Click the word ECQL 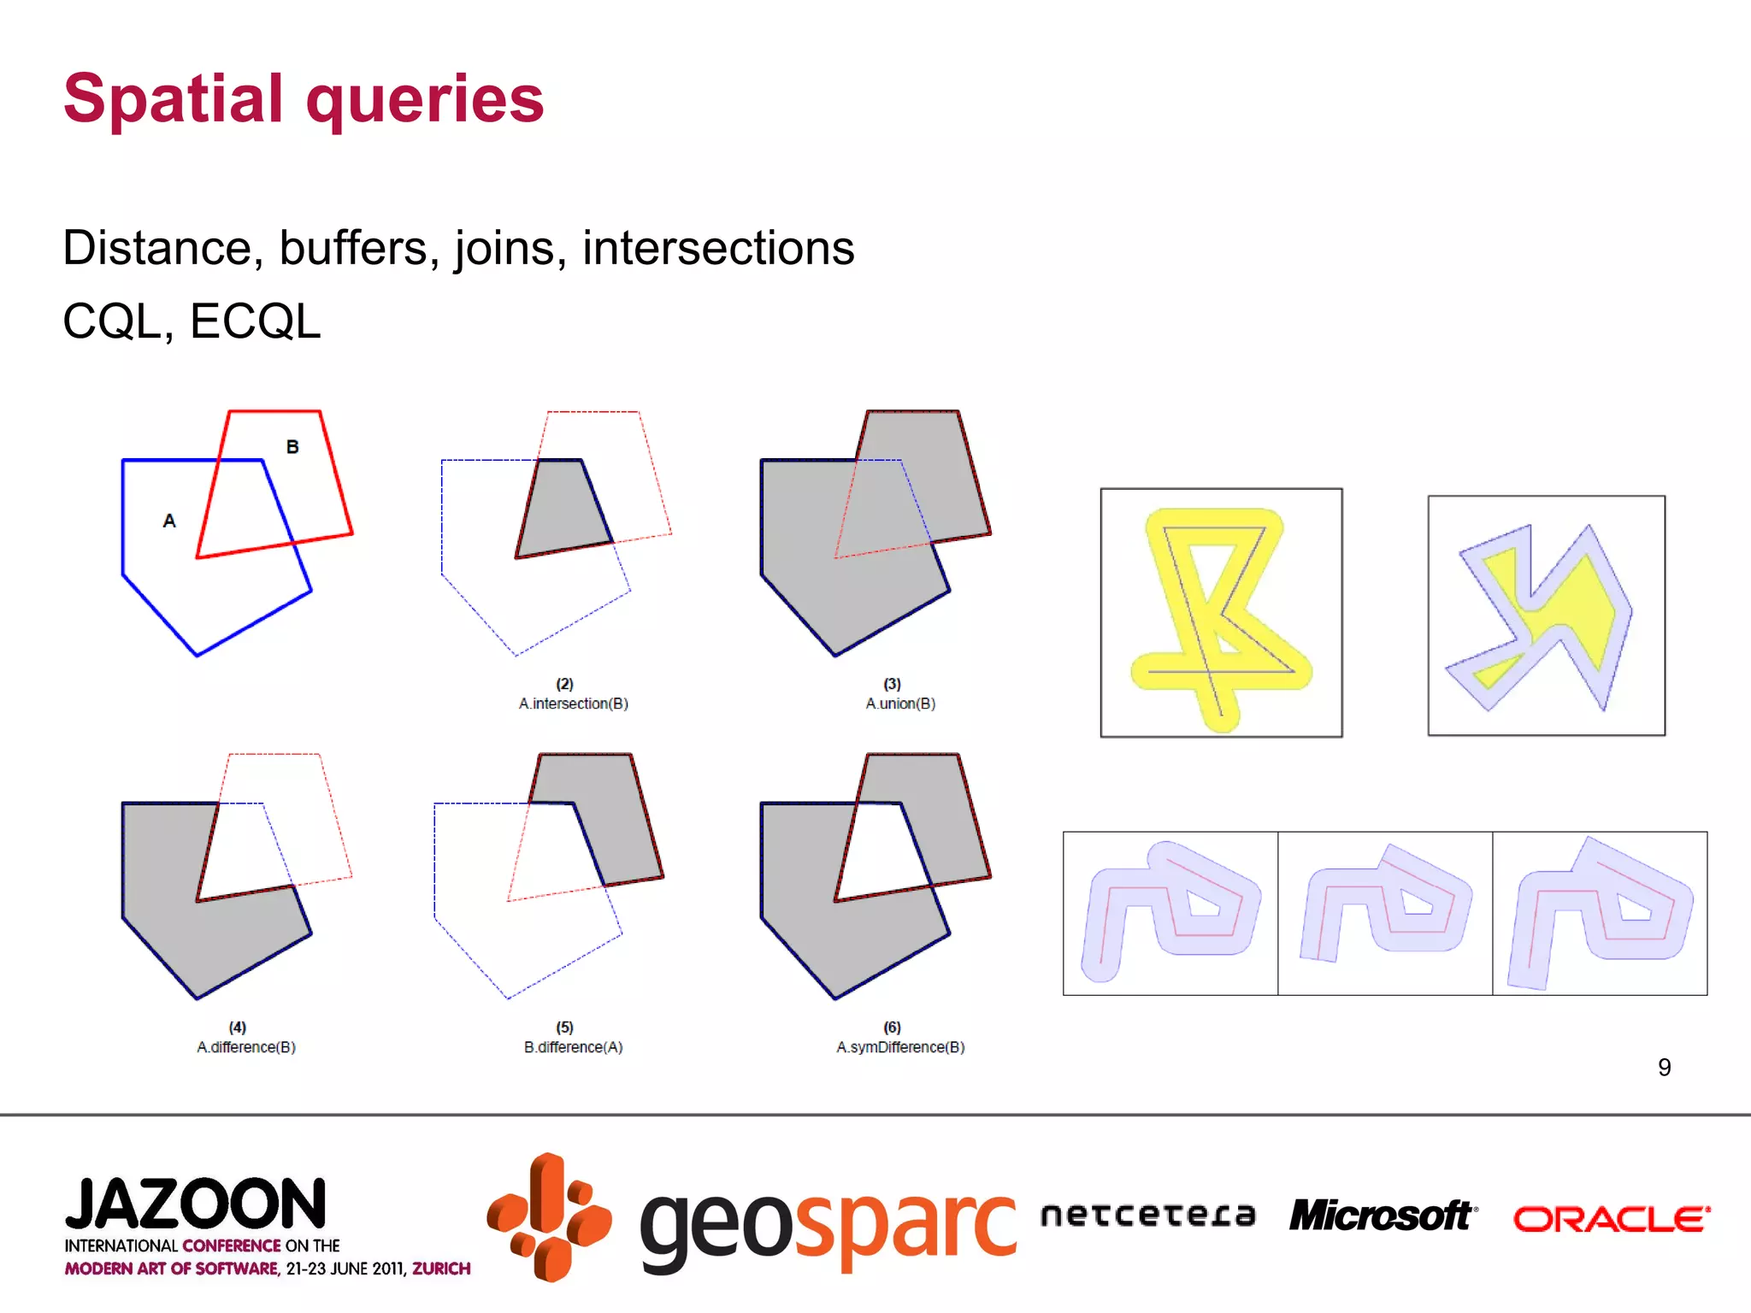255,322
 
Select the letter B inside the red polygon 292,446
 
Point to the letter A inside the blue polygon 169,521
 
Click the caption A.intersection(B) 573,704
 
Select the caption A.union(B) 900,704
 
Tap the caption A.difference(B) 246,1047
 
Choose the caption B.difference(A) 573,1047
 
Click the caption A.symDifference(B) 900,1047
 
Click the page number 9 1664,1067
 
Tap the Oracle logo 1612,1219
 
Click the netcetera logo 1148,1215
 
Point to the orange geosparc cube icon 550,1217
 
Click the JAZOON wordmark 196,1204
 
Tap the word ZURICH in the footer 441,1269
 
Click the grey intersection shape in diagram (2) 563,510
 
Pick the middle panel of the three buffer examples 1385,913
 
